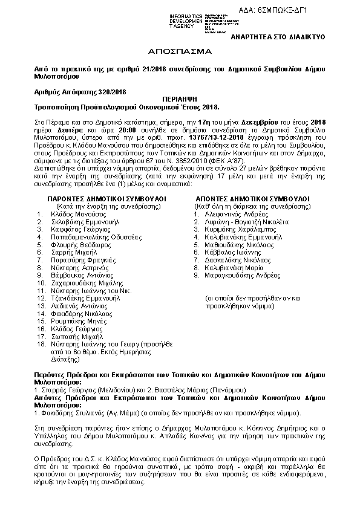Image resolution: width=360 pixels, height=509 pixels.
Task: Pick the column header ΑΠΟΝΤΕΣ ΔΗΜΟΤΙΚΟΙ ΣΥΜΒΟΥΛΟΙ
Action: click(x=253, y=181)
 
